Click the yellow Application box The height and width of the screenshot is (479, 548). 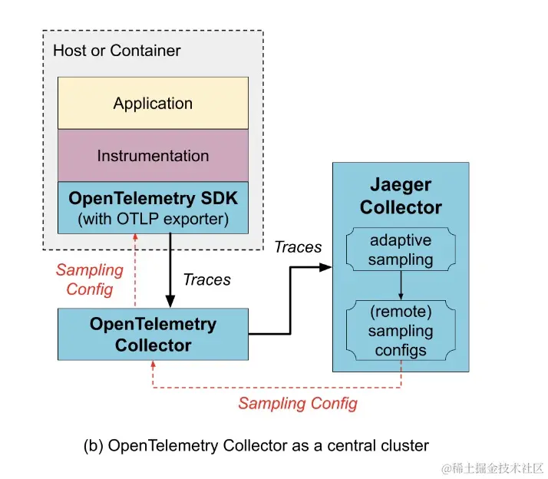[153, 103]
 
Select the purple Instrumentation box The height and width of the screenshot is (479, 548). [153, 155]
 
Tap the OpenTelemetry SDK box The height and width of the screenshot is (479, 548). [153, 207]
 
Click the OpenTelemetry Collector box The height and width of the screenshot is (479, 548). [153, 334]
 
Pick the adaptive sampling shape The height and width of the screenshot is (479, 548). [400, 249]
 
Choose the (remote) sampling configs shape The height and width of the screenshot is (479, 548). [400, 332]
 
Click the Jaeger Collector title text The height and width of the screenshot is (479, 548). [401, 197]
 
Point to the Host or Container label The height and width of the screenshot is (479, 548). [117, 51]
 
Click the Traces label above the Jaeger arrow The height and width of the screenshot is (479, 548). [298, 246]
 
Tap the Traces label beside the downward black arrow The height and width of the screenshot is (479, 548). [207, 279]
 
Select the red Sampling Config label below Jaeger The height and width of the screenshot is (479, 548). [298, 403]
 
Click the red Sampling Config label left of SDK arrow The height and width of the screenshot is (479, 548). [90, 279]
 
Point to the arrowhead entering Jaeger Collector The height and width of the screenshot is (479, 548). [326, 267]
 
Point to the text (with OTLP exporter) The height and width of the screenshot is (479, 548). [153, 219]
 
